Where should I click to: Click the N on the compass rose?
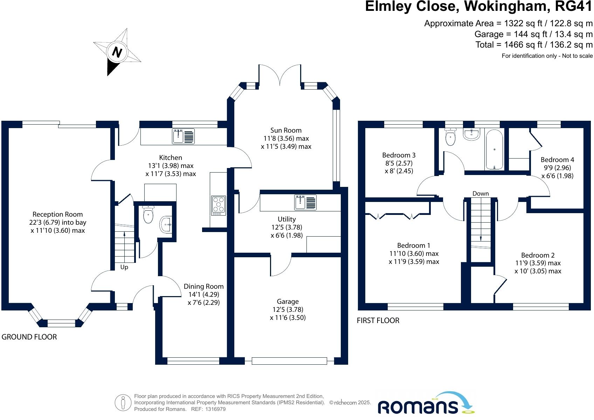point(117,52)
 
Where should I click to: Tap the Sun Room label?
point(286,130)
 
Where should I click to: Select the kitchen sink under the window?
point(183,136)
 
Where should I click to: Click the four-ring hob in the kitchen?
point(219,205)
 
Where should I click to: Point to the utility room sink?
point(305,202)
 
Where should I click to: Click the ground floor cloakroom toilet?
point(148,215)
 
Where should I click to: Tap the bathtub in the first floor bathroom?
point(494,149)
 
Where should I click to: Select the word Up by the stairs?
point(124,267)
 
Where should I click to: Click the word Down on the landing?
point(481,194)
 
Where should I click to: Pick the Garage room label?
point(288,302)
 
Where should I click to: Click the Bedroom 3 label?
point(399,155)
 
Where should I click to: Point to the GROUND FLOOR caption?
point(29,337)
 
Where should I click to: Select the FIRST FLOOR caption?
point(378,320)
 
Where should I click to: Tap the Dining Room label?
point(203,286)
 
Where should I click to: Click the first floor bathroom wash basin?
point(471,134)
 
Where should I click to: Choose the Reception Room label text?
point(57,214)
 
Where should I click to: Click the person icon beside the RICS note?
point(123,402)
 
